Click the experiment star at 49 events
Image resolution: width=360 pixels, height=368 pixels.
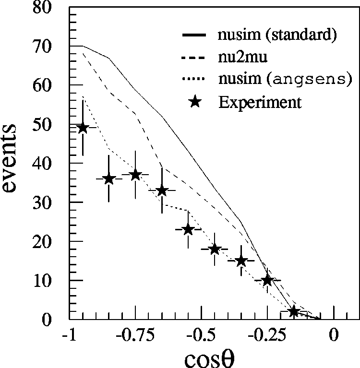pyautogui.click(x=83, y=128)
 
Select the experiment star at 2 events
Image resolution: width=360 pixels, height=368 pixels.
pyautogui.click(x=294, y=311)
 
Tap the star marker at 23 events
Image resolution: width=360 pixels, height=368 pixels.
pyautogui.click(x=188, y=229)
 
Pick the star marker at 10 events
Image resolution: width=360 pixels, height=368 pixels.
pyautogui.click(x=267, y=280)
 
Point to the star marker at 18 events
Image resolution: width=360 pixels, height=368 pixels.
pyautogui.click(x=215, y=249)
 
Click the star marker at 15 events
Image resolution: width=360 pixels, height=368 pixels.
pyautogui.click(x=241, y=261)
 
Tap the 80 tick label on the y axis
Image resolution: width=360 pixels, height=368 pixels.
pyautogui.click(x=49, y=8)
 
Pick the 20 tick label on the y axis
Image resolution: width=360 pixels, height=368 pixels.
pyautogui.click(x=49, y=242)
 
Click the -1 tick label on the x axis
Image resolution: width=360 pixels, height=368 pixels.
pyautogui.click(x=70, y=335)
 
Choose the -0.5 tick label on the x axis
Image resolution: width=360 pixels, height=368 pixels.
pyautogui.click(x=202, y=335)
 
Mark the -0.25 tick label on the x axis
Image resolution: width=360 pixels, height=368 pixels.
pyautogui.click(x=268, y=335)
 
